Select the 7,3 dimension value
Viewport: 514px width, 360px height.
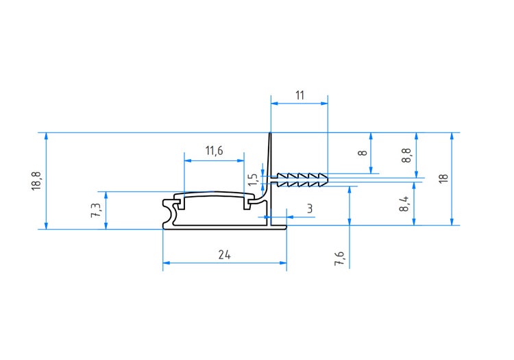(x=96, y=208)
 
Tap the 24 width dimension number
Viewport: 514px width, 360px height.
(x=224, y=254)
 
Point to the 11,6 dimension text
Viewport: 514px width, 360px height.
(x=214, y=151)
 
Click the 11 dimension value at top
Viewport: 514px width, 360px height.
(x=300, y=95)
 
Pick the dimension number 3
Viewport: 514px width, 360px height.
(x=310, y=208)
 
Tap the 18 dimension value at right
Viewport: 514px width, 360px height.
(x=443, y=178)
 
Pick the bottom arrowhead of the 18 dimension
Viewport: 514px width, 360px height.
(x=452, y=220)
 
